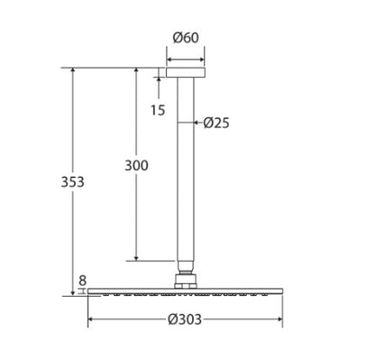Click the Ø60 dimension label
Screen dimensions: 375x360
coord(186,38)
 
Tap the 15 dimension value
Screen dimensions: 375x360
coord(158,110)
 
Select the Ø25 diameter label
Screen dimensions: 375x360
coord(216,123)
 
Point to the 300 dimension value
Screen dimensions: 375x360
coord(136,165)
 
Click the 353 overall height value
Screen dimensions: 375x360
coord(73,182)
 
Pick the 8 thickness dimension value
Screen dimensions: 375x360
coord(82,281)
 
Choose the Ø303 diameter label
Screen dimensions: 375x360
coord(185,319)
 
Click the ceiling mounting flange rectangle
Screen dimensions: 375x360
coord(186,73)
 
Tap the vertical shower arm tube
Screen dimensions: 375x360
coord(186,170)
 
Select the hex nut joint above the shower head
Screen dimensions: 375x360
coord(186,281)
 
